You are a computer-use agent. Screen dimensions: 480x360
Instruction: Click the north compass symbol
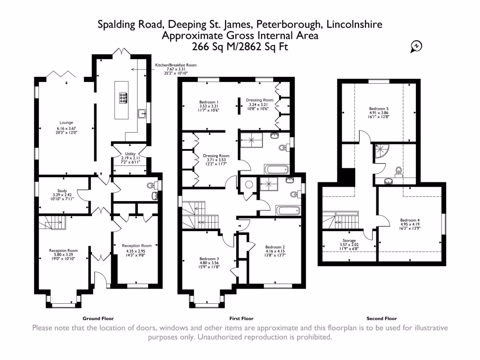click(416, 46)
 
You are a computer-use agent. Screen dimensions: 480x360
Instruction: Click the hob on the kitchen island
click(123, 97)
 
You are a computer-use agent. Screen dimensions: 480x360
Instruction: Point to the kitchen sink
click(142, 113)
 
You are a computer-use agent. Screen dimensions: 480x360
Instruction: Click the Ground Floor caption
click(98, 318)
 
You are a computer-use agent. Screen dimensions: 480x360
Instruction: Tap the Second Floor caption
click(382, 318)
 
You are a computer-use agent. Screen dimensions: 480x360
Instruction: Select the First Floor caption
click(241, 318)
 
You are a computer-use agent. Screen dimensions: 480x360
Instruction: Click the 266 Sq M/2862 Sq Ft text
click(240, 46)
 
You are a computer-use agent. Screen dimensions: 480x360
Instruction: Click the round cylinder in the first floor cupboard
click(249, 184)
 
